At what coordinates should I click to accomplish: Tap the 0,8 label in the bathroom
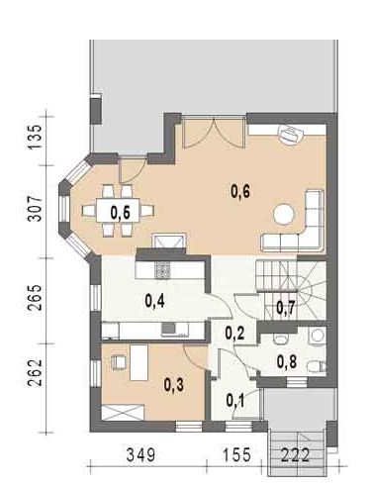coord(286,361)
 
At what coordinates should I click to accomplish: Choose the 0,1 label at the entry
coord(235,400)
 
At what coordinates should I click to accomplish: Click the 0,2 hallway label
coord(235,333)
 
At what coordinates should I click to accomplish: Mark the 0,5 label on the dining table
coord(121,212)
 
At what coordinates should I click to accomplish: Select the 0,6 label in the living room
coord(240,191)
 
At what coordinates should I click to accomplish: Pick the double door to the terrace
coord(210,133)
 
